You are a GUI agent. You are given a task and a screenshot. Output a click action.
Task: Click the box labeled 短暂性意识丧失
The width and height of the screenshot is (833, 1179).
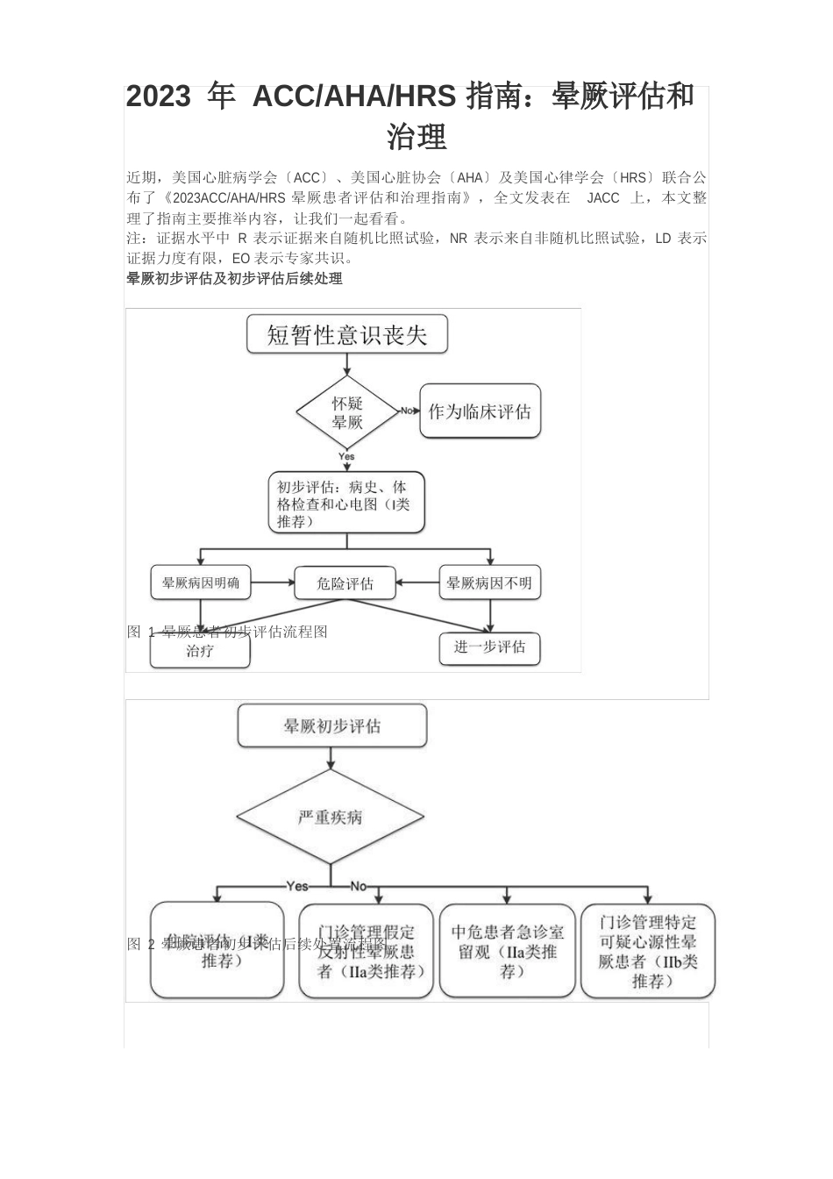(346, 335)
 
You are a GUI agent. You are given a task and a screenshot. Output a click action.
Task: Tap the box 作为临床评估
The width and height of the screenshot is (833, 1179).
(480, 411)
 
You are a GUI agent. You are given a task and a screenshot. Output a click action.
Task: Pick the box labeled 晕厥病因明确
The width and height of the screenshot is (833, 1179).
(201, 582)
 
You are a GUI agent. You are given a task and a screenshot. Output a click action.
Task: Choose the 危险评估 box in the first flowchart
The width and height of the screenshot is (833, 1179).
(345, 583)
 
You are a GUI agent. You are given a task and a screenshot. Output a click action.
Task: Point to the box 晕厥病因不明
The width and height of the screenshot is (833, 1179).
(489, 582)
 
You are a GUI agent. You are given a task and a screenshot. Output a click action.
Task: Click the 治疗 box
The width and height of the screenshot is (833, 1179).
(200, 652)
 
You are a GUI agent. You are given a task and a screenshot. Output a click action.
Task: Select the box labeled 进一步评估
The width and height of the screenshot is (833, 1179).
(489, 648)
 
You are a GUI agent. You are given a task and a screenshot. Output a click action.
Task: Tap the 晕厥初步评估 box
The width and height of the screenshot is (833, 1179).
(331, 726)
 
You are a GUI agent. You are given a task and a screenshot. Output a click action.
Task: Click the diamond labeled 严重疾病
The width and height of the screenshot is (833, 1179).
(331, 817)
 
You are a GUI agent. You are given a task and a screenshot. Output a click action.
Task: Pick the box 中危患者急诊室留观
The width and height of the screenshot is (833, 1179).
(508, 951)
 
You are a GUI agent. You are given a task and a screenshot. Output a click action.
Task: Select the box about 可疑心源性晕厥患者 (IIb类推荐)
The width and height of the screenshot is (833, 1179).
(648, 951)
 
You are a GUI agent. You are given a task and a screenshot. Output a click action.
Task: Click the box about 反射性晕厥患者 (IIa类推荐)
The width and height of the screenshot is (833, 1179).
(366, 951)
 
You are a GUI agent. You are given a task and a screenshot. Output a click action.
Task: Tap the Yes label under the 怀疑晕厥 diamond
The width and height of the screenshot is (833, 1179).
(346, 457)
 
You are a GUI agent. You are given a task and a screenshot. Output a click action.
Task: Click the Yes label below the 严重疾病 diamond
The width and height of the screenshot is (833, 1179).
(297, 886)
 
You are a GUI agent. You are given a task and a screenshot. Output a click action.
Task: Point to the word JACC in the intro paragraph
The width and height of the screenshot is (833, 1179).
(603, 198)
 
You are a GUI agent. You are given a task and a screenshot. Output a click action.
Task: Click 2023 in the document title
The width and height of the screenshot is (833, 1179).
(158, 96)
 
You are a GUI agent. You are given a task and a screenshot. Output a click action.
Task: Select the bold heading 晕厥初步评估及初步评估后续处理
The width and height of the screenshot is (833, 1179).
(234, 279)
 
